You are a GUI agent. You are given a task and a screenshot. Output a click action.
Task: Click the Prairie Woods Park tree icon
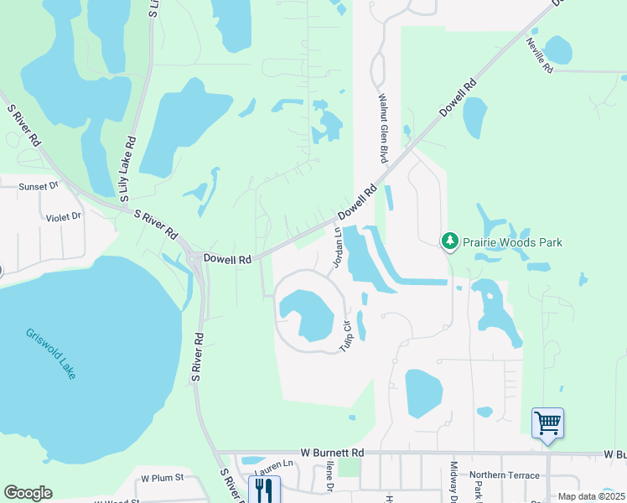tap(450, 242)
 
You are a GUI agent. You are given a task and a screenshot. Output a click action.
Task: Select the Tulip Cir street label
tap(345, 334)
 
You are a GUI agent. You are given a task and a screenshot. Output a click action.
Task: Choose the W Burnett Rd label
tap(333, 453)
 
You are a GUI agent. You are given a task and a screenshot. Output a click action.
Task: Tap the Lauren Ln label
tap(278, 464)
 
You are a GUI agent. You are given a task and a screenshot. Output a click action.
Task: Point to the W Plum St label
tap(162, 479)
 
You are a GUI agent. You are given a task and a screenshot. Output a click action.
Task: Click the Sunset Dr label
tap(41, 186)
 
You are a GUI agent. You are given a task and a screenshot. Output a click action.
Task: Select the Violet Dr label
tap(64, 216)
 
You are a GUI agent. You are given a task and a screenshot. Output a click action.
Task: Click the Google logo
tap(28, 493)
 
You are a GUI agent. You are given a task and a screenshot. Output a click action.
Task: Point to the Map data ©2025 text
tap(591, 496)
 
